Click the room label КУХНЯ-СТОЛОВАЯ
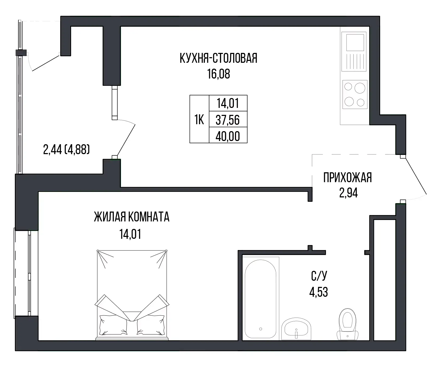tap(218, 58)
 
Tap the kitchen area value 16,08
tap(219, 74)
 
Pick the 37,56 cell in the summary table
tap(228, 120)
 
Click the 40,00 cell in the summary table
tap(228, 136)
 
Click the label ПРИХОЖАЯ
tap(347, 178)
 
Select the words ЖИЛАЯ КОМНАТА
tap(132, 217)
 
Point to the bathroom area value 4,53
tap(319, 292)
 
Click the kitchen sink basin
tap(355, 42)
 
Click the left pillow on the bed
tap(113, 324)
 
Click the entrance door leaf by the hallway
tap(415, 176)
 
